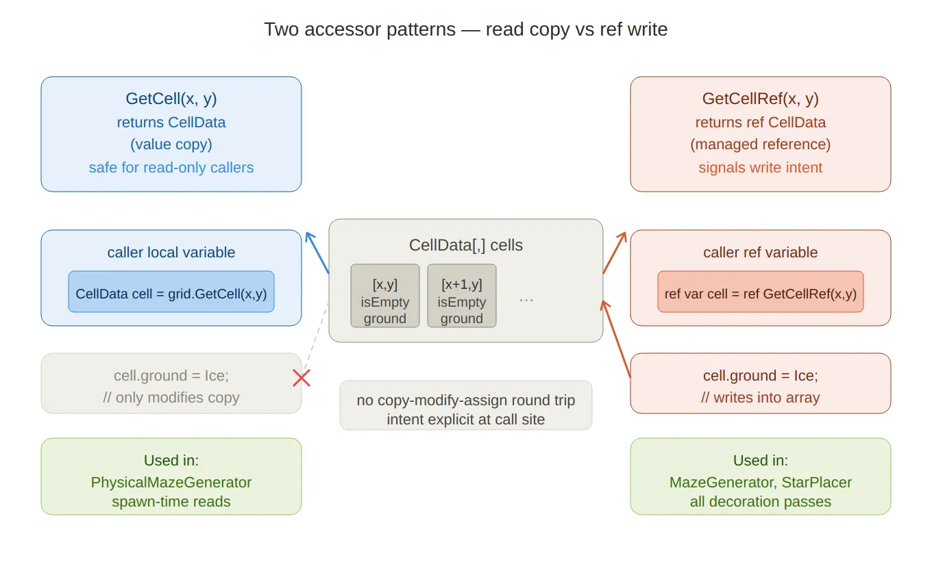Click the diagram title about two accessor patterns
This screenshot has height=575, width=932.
click(465, 29)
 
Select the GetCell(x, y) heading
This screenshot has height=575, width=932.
click(171, 99)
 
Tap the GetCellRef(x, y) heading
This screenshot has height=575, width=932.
click(760, 99)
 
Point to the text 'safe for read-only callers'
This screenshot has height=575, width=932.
click(171, 168)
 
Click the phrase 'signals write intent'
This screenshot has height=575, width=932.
click(760, 168)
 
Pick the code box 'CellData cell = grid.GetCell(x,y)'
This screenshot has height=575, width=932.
click(171, 292)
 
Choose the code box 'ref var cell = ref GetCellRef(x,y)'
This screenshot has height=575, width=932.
click(760, 292)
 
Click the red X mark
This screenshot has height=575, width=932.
click(302, 378)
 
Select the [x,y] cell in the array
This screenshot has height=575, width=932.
click(385, 296)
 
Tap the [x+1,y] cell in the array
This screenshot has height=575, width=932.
click(462, 296)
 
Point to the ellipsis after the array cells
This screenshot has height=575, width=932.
click(526, 300)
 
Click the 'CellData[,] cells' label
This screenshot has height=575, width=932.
click(465, 245)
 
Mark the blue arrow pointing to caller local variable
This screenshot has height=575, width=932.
click(317, 253)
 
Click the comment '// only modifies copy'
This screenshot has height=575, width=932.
click(171, 398)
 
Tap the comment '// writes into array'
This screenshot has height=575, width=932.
click(760, 398)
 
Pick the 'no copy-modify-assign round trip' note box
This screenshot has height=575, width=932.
click(465, 405)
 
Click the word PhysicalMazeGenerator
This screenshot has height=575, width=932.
click(171, 483)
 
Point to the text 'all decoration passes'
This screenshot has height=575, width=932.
click(760, 502)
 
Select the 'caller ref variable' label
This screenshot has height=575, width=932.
click(760, 252)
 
